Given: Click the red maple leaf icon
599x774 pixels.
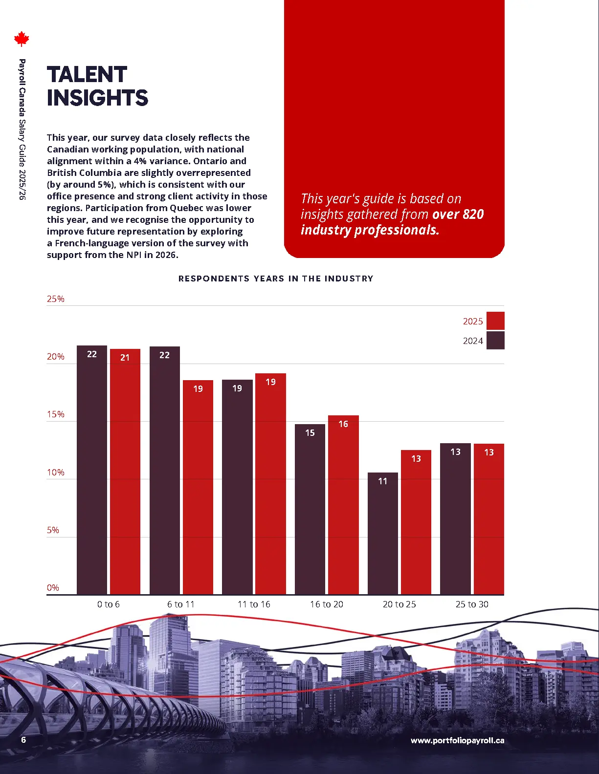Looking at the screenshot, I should pos(22,39).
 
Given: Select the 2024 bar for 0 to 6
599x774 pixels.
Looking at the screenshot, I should pos(92,469).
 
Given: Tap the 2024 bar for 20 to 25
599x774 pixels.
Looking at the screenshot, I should pos(382,533).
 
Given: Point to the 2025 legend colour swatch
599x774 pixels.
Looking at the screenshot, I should pos(495,321).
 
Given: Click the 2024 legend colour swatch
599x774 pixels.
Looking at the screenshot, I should pos(495,341).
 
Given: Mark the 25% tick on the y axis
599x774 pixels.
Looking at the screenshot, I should pos(56,299).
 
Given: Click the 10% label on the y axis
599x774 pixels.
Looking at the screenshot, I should pos(56,473).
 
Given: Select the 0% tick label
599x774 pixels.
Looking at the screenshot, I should pos(53,588).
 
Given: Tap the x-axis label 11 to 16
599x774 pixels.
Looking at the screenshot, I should pos(254,604).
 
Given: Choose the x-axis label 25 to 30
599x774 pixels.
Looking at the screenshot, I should pos(472,604).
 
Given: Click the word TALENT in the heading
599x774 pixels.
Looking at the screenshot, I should pos(87,75).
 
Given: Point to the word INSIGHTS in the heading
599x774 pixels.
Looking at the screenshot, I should pos(97,98).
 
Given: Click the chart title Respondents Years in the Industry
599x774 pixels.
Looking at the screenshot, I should pos(276,279).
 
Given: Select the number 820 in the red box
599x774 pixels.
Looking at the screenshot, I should pos(473,215).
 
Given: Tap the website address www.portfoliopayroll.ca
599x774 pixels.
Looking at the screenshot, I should pos(457,740).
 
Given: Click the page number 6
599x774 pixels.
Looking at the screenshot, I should pos(23,740).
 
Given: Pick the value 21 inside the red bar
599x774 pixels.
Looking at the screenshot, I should pos(125,358).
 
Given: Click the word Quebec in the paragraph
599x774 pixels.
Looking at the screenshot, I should pos(190,208).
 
